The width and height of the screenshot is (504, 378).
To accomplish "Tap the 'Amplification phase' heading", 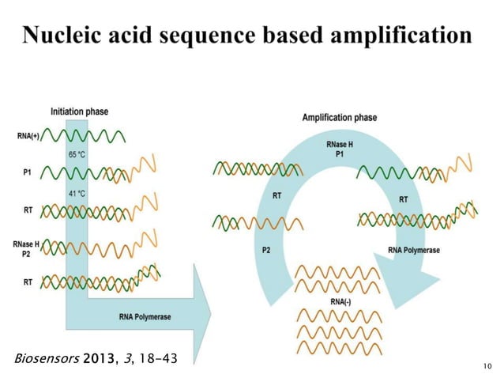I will click(340, 118).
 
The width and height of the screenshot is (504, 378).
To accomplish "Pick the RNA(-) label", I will click(337, 301).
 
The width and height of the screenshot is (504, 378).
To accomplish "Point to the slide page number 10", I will click(485, 365).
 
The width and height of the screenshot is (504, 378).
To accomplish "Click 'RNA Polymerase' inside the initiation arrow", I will click(145, 317).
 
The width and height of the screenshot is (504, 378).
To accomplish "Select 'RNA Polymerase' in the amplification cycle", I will click(414, 251).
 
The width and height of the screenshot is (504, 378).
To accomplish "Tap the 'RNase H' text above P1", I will click(340, 145).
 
